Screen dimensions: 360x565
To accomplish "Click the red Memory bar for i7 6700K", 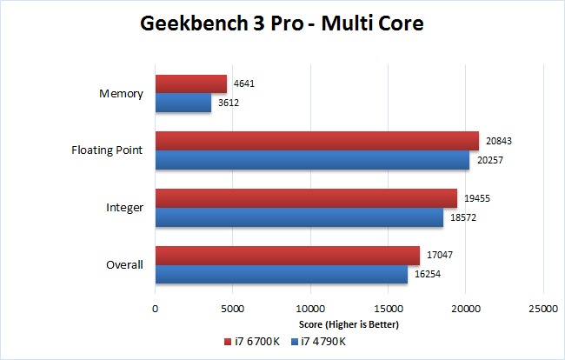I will (x=191, y=84).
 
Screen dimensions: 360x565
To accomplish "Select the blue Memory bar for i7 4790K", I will (x=183, y=103).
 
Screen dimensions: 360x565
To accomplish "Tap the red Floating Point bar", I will (x=316, y=141).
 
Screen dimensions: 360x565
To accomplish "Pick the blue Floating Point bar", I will (x=312, y=160).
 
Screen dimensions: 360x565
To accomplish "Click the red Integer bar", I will (x=306, y=197).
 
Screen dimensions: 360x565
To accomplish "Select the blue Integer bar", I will (x=299, y=217).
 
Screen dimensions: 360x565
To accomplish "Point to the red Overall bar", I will (x=287, y=254).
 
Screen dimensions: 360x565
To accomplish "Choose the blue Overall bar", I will (x=281, y=273).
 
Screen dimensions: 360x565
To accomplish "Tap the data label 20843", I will (x=499, y=141).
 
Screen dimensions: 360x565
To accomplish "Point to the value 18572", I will (x=463, y=217).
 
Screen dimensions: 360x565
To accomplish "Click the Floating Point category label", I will (x=108, y=150).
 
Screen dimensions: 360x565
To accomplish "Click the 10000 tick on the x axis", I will (x=309, y=309).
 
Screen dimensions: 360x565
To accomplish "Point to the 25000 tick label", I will (x=542, y=309).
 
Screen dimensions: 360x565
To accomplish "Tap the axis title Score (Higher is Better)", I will (x=349, y=325).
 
